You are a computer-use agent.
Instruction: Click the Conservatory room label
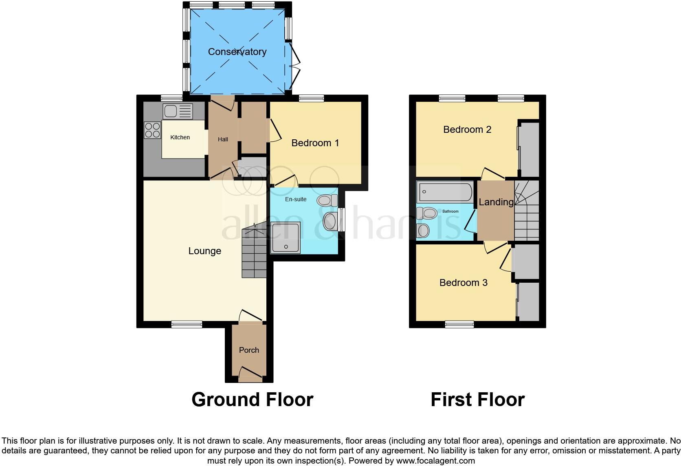237,52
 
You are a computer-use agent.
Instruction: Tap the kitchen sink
177,111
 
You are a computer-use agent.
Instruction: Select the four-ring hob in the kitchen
152,130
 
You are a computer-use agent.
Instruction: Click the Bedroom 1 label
315,143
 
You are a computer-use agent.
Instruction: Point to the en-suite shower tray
286,237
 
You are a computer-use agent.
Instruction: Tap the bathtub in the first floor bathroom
444,192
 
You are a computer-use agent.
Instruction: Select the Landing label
496,202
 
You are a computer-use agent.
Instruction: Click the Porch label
249,350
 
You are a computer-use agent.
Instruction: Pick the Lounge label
204,251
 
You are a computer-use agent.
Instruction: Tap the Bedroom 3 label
463,283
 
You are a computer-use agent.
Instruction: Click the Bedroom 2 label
467,130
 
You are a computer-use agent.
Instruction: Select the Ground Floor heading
252,400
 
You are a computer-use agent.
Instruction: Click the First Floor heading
477,400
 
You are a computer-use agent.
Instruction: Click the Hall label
223,139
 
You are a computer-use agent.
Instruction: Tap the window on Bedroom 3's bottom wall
459,324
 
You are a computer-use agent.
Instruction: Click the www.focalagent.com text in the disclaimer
435,461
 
